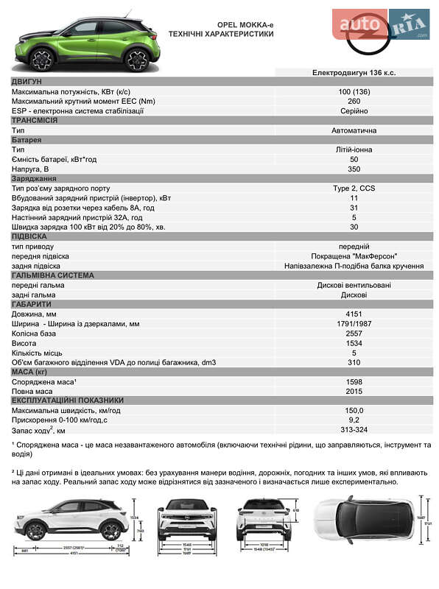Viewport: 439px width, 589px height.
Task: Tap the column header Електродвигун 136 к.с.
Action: [x=354, y=72]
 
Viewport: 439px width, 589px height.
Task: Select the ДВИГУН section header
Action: [x=27, y=82]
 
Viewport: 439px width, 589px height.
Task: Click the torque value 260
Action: [x=354, y=101]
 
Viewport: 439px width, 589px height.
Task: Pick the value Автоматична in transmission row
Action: [x=354, y=130]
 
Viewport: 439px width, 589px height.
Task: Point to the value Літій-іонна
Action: [x=354, y=149]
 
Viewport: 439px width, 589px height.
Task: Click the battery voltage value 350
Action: [x=354, y=169]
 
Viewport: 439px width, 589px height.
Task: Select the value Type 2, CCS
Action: [x=354, y=188]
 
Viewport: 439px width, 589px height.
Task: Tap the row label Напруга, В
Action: [x=32, y=169]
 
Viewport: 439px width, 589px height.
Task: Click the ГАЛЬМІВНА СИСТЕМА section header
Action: [x=53, y=275]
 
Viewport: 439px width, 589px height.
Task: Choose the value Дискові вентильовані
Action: [x=354, y=285]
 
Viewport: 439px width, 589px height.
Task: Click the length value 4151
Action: [x=354, y=314]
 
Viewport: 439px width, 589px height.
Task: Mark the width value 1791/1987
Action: [x=354, y=323]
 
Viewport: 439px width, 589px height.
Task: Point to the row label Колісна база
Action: [x=37, y=334]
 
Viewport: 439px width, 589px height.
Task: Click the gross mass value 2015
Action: [x=354, y=391]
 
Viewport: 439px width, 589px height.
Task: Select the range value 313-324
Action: [x=354, y=429]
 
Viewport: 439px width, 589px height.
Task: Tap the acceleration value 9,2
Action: [x=354, y=420]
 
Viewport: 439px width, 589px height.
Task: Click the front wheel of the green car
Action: [x=43, y=59]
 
